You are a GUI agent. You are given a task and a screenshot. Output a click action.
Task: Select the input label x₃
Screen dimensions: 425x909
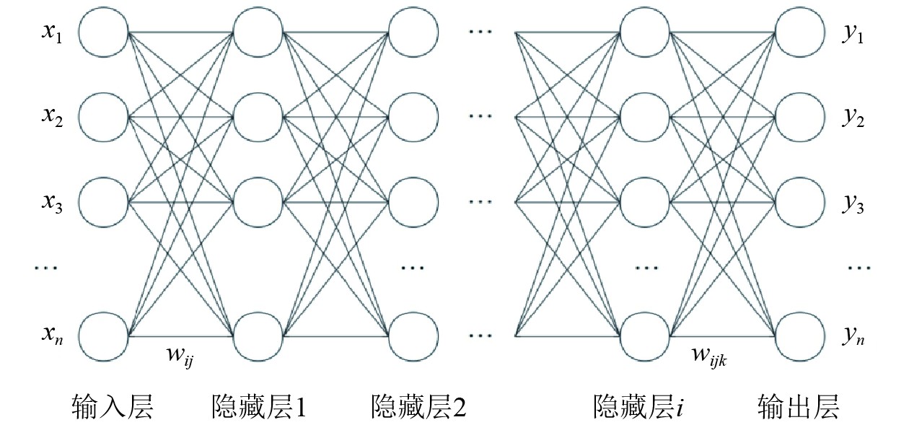point(51,202)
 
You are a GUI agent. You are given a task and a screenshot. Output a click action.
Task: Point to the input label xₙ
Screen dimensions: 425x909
point(51,335)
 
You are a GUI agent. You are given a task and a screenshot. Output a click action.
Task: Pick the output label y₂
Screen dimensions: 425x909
point(853,118)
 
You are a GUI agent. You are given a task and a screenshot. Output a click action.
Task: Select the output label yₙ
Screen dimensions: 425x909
point(853,335)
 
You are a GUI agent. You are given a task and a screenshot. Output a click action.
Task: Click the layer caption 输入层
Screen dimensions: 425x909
point(113,407)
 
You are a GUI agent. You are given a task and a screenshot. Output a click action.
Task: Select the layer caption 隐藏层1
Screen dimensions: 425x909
point(258,407)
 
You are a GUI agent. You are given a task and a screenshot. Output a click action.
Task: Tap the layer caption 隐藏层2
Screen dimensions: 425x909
point(418,407)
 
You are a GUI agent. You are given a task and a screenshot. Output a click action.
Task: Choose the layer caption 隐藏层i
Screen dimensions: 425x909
point(639,407)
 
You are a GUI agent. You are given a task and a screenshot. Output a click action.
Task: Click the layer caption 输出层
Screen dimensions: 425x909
point(799,407)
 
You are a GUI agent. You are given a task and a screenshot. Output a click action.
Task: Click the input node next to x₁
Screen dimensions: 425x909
point(104,34)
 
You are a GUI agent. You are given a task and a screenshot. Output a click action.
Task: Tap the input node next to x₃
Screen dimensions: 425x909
point(104,201)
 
